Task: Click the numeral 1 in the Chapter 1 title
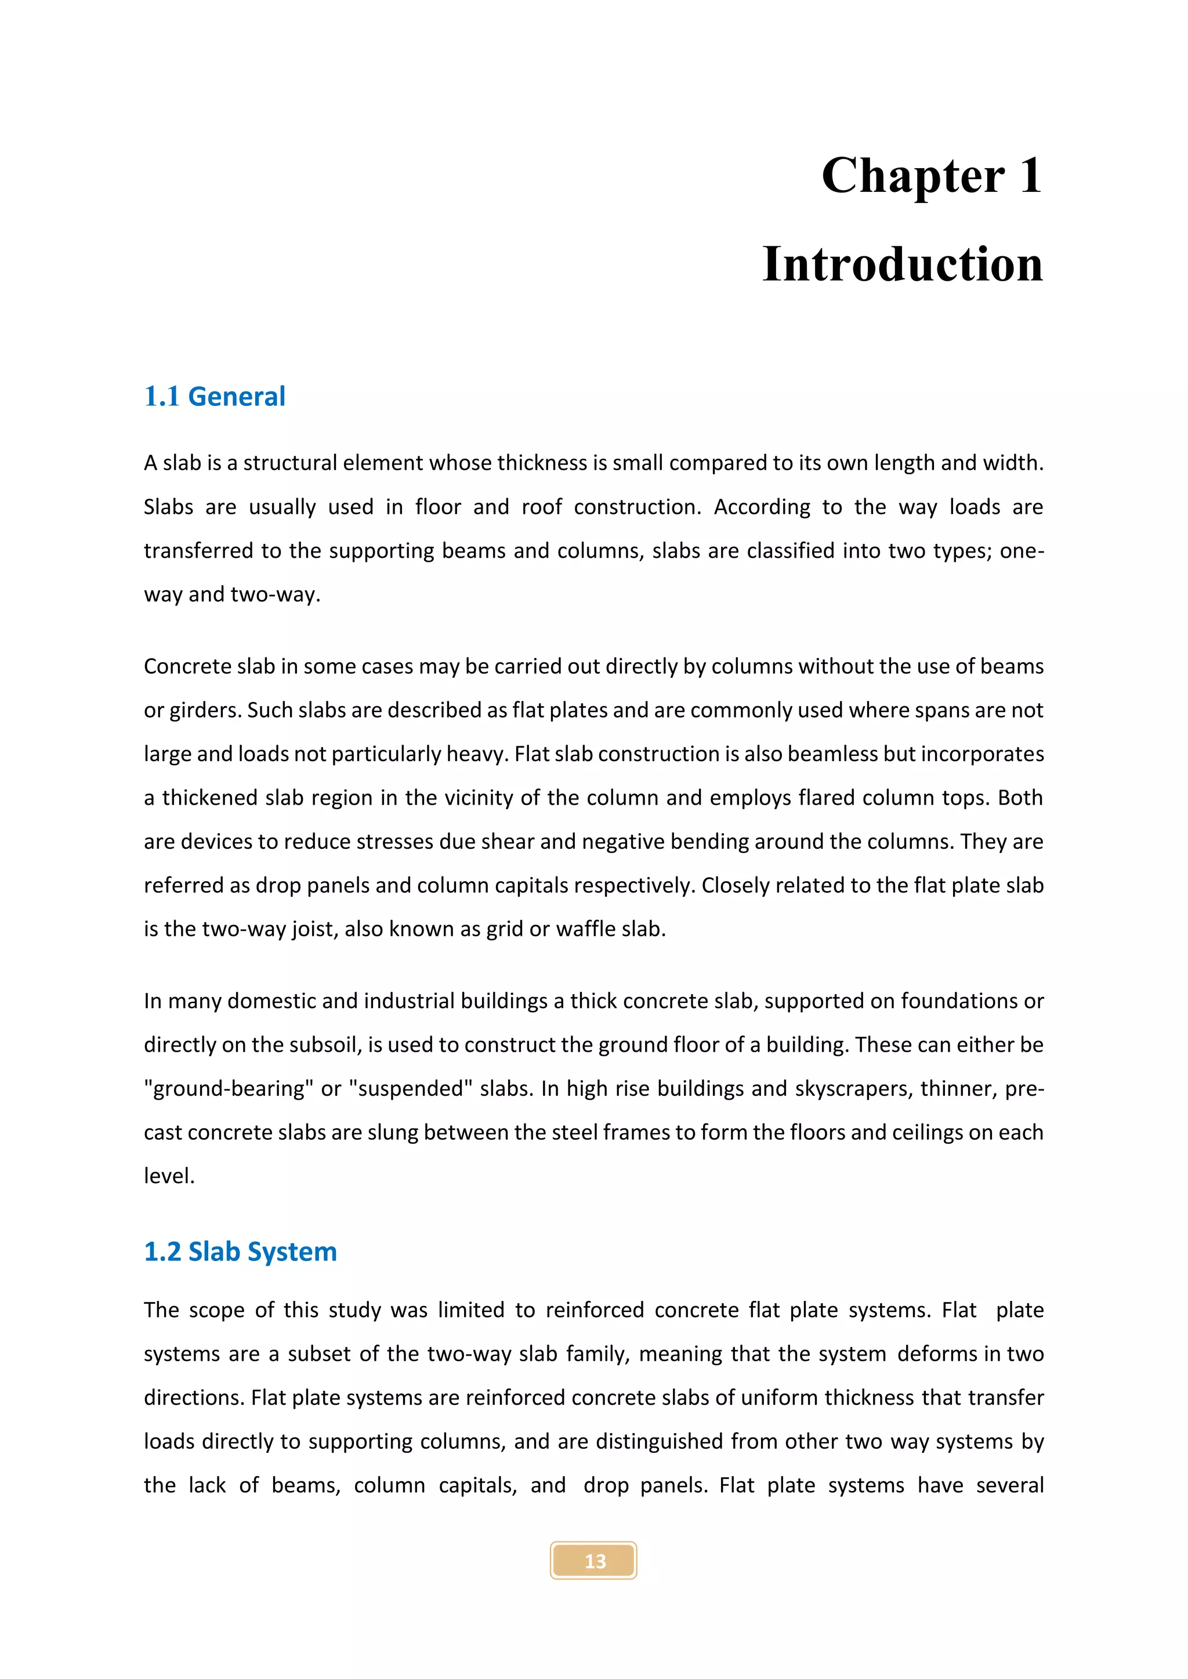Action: click(1030, 176)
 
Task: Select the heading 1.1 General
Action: click(214, 397)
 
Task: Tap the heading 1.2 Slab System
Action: click(240, 1251)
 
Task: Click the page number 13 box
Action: click(593, 1561)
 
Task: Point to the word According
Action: click(762, 507)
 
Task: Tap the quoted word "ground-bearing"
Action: click(227, 1088)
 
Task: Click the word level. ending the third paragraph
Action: click(169, 1176)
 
